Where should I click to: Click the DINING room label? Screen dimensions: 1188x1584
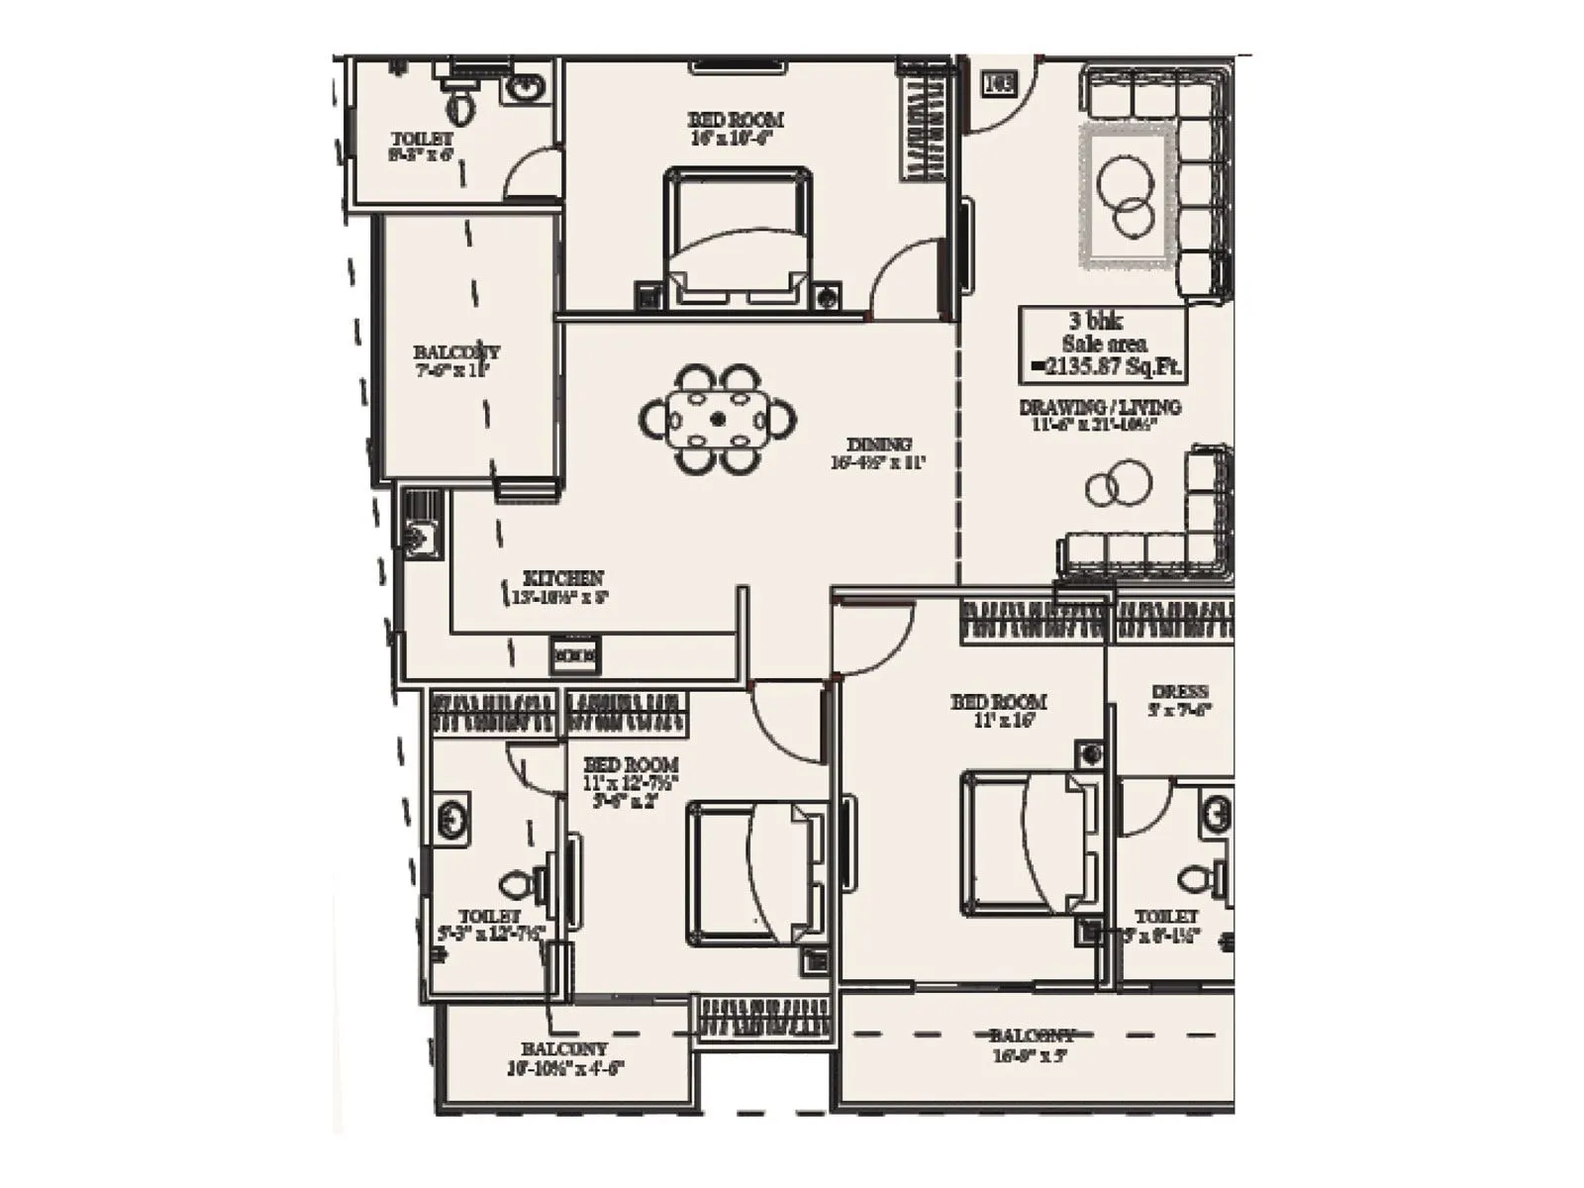878,452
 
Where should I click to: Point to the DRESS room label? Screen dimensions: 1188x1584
1179,700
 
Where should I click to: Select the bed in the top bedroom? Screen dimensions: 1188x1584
738,240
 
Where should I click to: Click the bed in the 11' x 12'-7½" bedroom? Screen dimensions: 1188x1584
758,872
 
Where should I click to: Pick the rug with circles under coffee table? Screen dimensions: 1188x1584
1129,195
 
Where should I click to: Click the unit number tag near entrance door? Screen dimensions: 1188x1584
998,83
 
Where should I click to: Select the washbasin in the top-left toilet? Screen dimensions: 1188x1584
525,87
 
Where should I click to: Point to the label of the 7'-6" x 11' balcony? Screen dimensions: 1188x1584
455,360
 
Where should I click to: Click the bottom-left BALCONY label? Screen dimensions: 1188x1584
564,1058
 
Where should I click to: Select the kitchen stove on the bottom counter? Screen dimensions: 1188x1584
574,654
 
